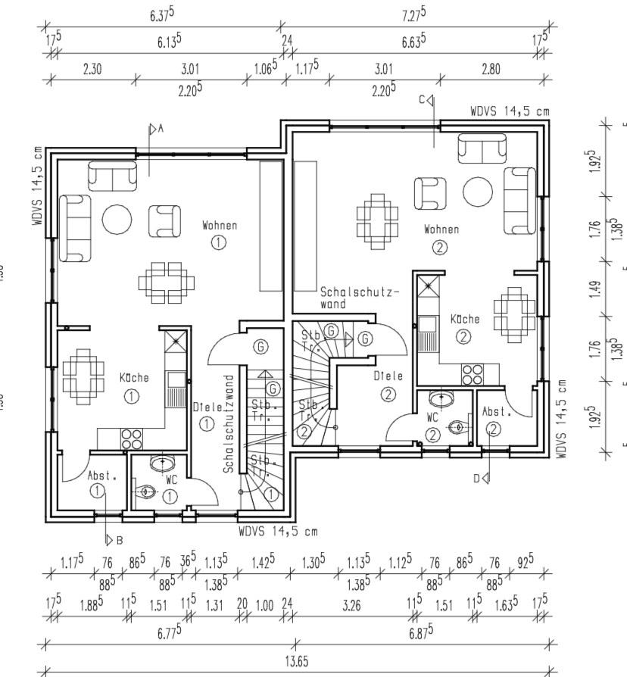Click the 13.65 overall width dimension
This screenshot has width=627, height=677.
tap(296, 660)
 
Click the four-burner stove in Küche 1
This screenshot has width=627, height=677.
tap(132, 438)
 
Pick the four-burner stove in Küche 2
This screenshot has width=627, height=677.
tap(473, 374)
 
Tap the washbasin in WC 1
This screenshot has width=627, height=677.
tap(162, 462)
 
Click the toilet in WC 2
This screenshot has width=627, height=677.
tap(457, 428)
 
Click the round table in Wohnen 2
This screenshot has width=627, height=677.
tap(478, 192)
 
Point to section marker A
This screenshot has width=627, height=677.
tap(154, 129)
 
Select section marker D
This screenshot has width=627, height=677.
tap(482, 477)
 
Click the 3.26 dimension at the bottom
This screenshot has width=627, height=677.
tap(351, 605)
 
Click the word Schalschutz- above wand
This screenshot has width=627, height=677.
tap(360, 291)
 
